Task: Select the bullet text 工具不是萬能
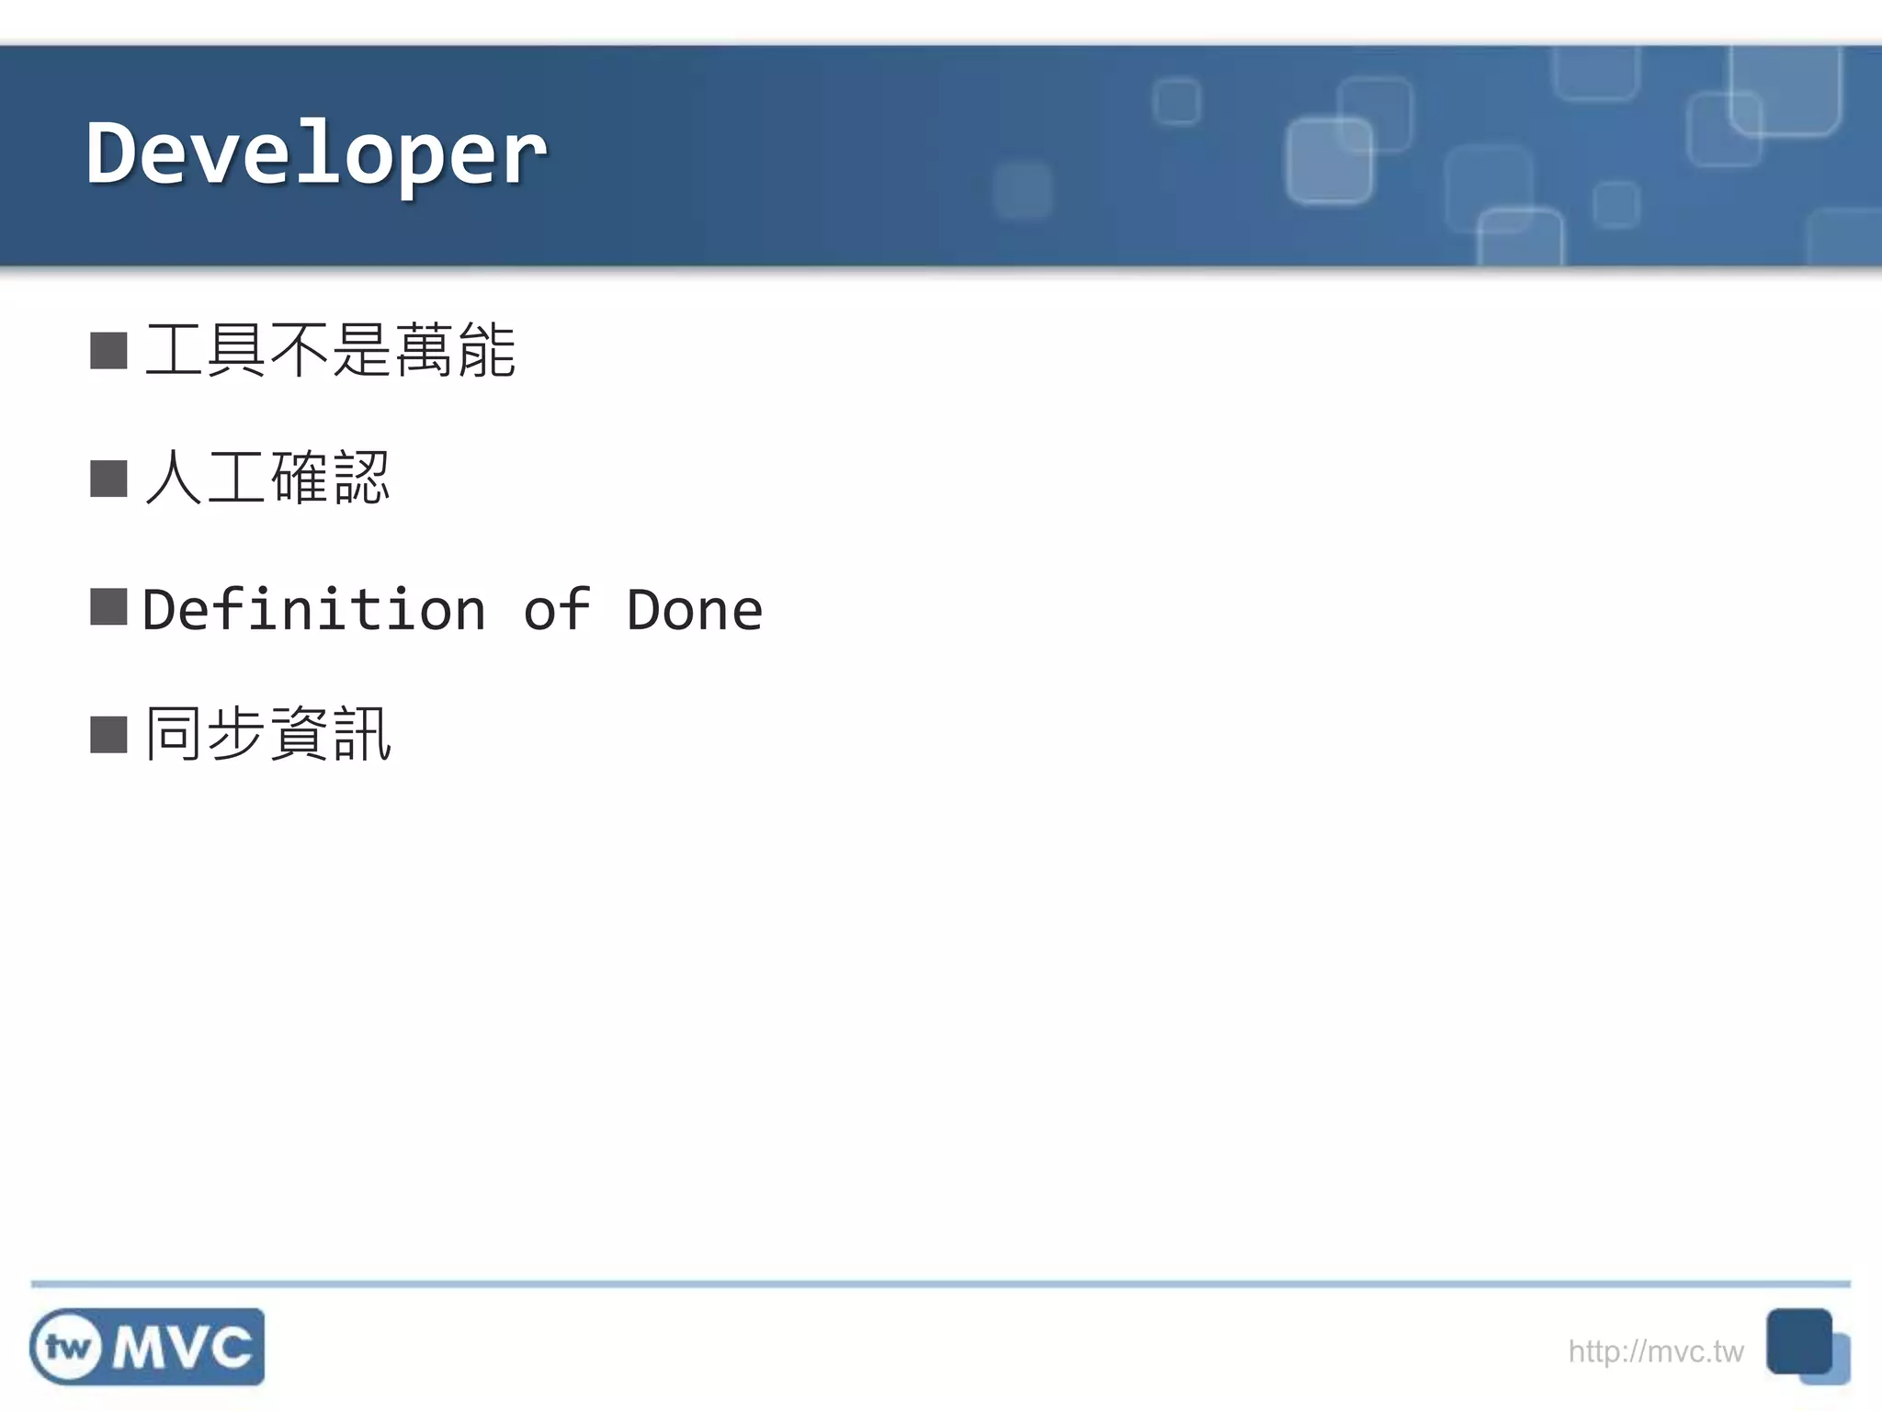coord(330,350)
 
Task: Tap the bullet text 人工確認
coord(267,478)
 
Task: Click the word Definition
coord(314,610)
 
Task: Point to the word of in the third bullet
coord(556,610)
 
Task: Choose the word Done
coord(694,610)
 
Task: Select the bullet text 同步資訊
coord(268,734)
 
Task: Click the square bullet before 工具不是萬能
coord(108,351)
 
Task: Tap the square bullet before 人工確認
coord(108,479)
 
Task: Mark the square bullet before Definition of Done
coord(108,607)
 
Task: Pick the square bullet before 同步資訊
coord(108,735)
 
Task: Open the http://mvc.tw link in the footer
coord(1655,1351)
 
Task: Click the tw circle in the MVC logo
coord(67,1348)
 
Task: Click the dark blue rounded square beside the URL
coord(1798,1341)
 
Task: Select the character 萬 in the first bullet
coord(425,350)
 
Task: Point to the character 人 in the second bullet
coord(173,478)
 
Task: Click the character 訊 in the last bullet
coord(362,734)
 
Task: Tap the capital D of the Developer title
coord(117,152)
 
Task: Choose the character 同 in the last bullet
coord(173,734)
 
